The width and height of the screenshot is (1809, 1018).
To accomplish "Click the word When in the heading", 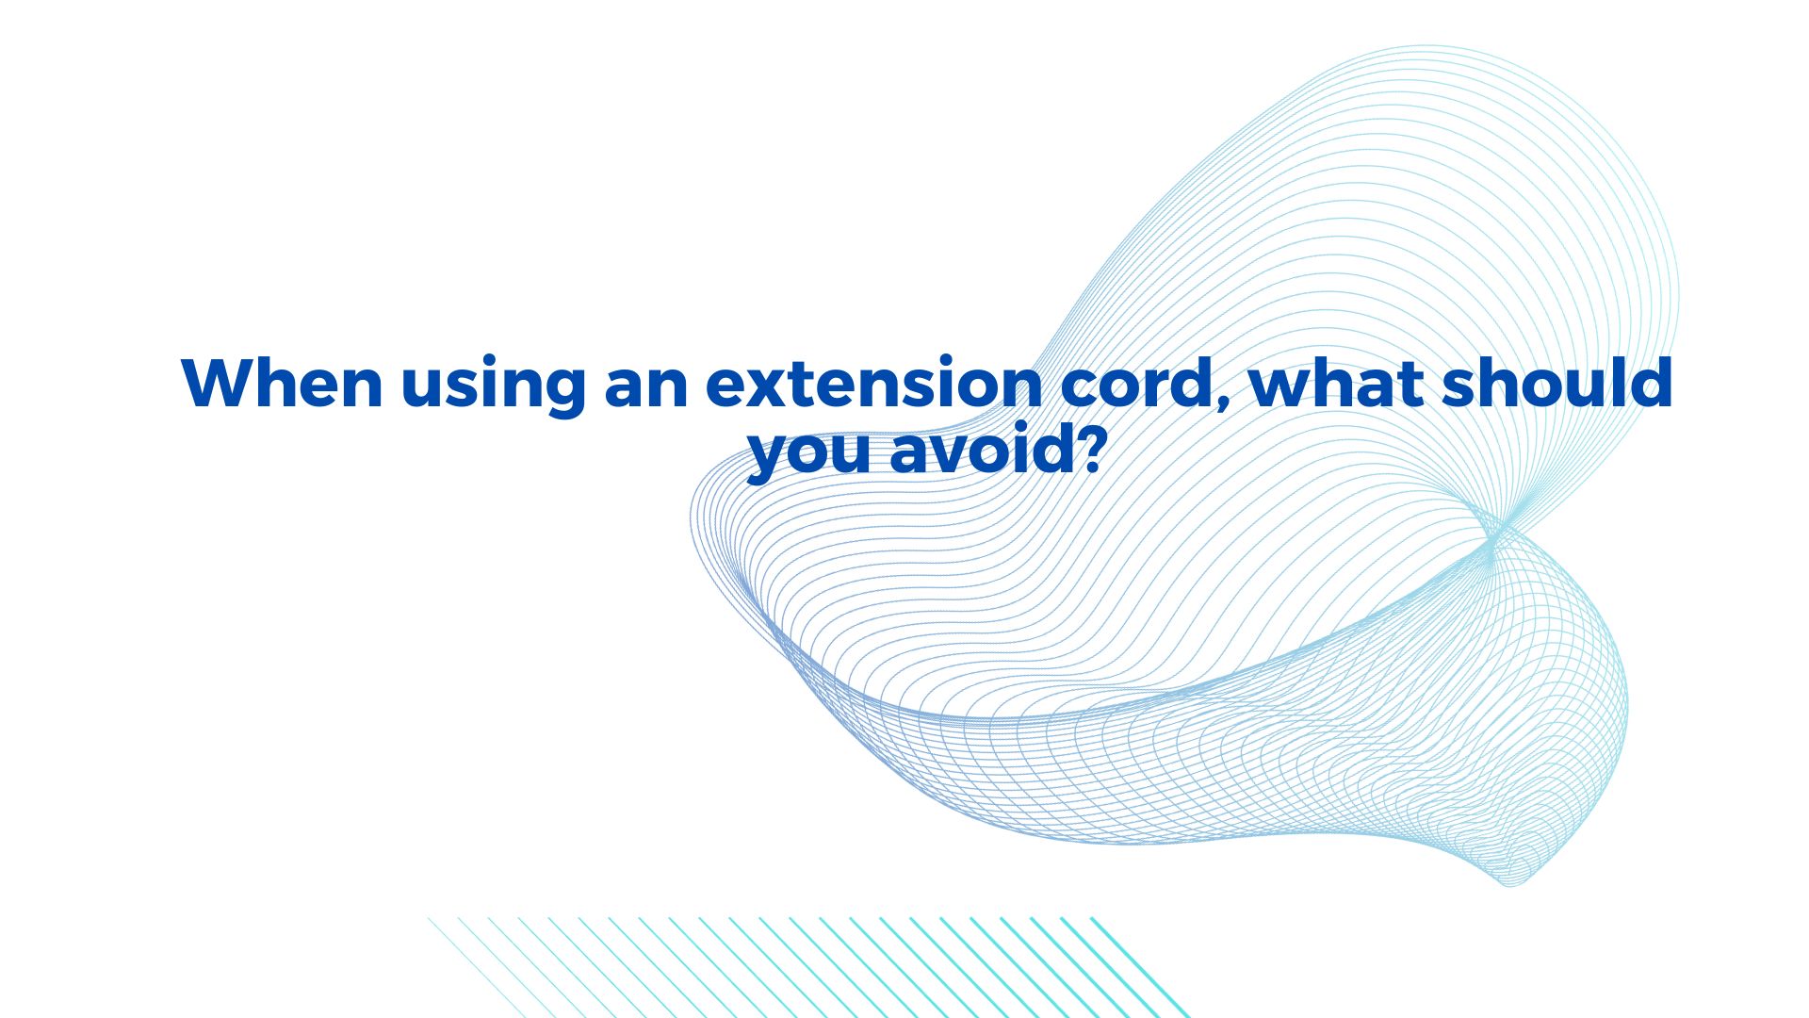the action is pyautogui.click(x=282, y=383).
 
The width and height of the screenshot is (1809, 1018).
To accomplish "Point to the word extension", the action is pyautogui.click(x=873, y=385).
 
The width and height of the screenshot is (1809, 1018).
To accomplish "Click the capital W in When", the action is pyautogui.click(x=222, y=383).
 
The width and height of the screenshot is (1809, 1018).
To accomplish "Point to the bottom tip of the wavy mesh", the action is pyautogui.click(x=1509, y=884).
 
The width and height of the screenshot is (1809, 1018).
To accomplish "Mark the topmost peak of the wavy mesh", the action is pyautogui.click(x=1425, y=47).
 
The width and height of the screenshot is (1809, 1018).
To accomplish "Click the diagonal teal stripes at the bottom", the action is pyautogui.click(x=808, y=967).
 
